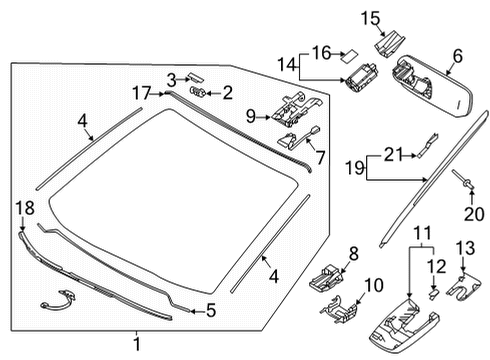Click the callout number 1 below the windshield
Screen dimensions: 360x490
pyautogui.click(x=138, y=344)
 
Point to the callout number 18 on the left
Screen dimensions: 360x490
pyautogui.click(x=23, y=206)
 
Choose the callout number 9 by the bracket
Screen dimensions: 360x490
pyautogui.click(x=252, y=116)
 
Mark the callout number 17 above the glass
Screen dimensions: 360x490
pyautogui.click(x=142, y=92)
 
